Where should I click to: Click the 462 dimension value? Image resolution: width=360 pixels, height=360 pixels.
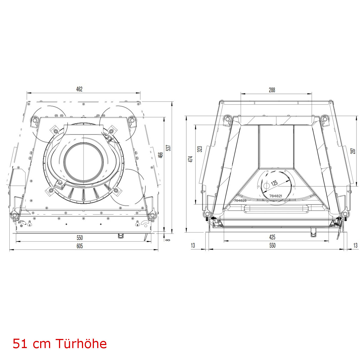click(79, 89)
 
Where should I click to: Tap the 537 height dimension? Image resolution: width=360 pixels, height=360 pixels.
click(169, 148)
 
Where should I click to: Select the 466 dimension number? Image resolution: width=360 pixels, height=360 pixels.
click(161, 155)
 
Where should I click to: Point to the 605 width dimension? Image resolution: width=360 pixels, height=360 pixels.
click(79, 246)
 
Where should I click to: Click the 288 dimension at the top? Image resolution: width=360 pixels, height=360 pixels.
click(272, 90)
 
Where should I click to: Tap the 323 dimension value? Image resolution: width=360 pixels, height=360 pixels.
click(200, 149)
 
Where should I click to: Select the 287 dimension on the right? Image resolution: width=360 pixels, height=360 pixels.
click(353, 151)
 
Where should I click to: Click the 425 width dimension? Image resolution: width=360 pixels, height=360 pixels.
click(272, 237)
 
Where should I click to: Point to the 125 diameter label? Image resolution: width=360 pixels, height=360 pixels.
click(274, 183)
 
